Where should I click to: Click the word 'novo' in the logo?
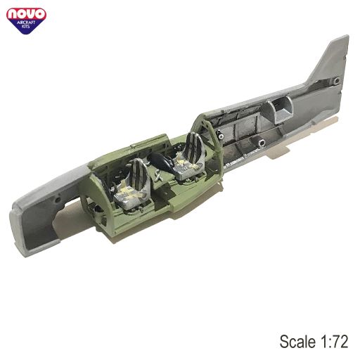(26, 15)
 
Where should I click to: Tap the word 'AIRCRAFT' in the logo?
(26, 22)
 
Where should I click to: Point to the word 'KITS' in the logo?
(26, 27)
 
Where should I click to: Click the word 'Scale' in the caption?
(297, 341)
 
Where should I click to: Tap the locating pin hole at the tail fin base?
(337, 81)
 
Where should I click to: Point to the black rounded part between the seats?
(164, 162)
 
